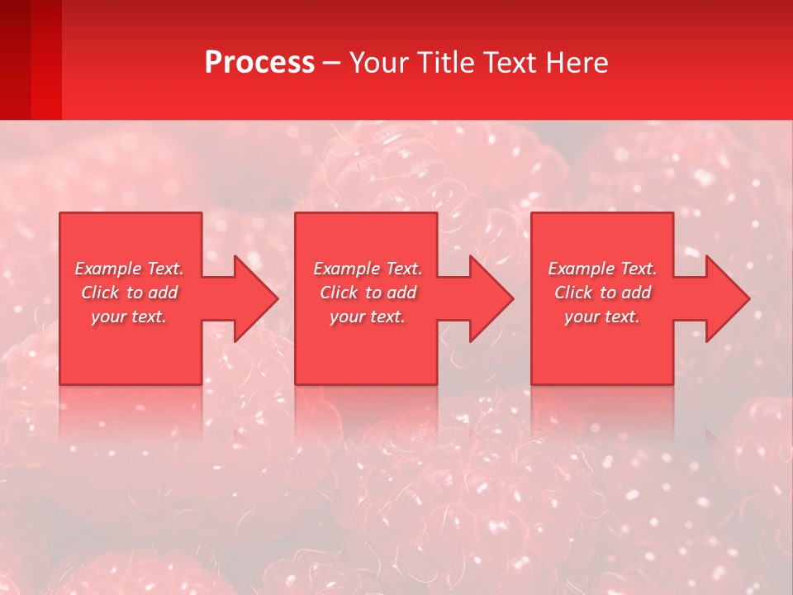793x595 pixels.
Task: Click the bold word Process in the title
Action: click(x=259, y=63)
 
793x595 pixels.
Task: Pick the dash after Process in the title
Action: click(x=332, y=64)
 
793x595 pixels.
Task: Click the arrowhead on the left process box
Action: click(x=252, y=298)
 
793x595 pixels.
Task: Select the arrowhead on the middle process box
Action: click(x=487, y=298)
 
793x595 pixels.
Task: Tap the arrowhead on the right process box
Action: click(x=724, y=298)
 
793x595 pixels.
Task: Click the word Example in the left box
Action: click(x=107, y=269)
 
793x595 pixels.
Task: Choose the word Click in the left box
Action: click(x=100, y=293)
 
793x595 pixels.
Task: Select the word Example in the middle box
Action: click(x=346, y=269)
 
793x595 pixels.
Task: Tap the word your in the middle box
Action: click(x=347, y=317)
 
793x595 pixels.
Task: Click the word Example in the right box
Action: click(x=581, y=269)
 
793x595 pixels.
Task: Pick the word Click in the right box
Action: click(x=573, y=293)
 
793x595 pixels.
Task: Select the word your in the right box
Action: click(x=582, y=317)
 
